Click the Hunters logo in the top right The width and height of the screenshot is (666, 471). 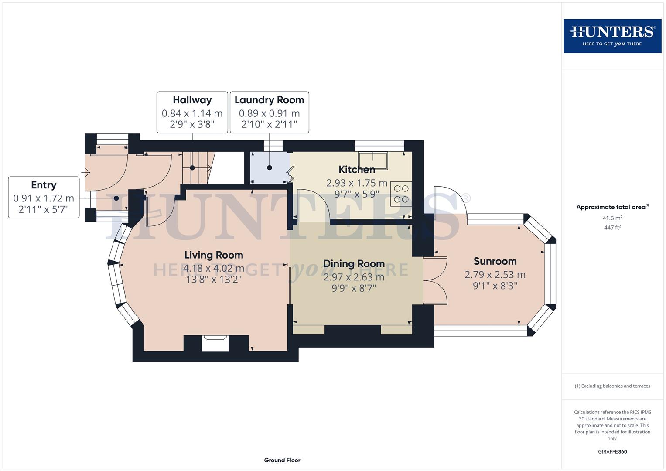click(x=612, y=36)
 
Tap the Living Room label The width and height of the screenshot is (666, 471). click(x=213, y=255)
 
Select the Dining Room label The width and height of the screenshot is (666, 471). click(x=354, y=264)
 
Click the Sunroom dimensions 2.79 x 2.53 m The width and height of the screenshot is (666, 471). click(x=495, y=275)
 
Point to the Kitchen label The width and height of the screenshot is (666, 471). click(x=357, y=170)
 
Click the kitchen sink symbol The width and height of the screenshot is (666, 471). click(x=373, y=160)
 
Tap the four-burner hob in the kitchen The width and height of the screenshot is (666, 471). click(x=401, y=194)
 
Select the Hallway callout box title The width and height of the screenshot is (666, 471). click(x=192, y=100)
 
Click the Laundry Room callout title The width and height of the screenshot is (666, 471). click(x=269, y=100)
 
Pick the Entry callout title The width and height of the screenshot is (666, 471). click(x=44, y=185)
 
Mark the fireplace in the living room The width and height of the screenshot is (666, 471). click(x=215, y=343)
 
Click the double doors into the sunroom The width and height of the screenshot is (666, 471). click(x=435, y=280)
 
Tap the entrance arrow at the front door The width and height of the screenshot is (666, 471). click(x=86, y=173)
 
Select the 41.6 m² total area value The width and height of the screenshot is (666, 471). click(x=612, y=218)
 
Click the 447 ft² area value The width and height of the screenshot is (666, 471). click(x=612, y=228)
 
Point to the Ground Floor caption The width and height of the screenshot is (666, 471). click(x=282, y=460)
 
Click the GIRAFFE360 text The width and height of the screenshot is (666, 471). click(x=612, y=452)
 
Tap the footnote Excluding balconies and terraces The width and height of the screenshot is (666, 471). click(x=612, y=386)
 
